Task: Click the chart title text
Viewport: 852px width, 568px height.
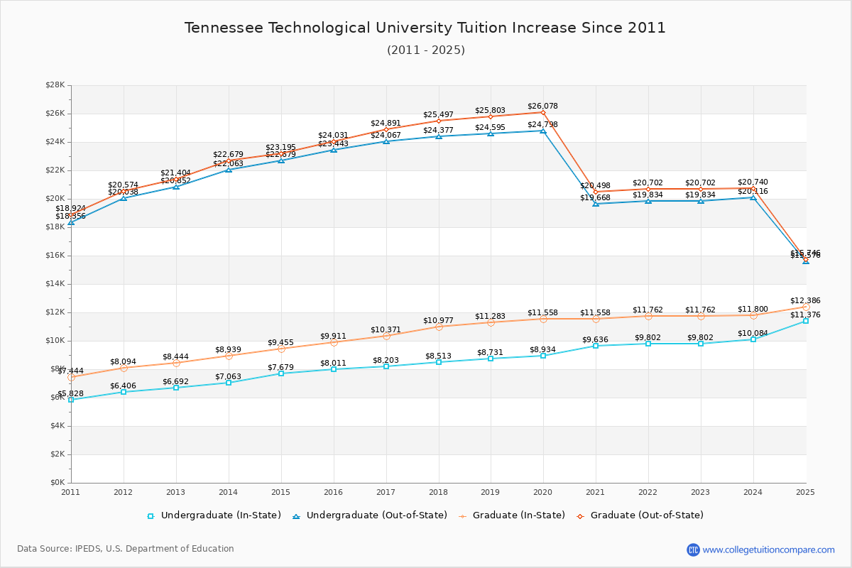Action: (x=425, y=28)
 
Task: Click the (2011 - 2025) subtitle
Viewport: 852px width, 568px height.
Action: (x=425, y=50)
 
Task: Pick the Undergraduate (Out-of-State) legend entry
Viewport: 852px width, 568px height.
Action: (x=369, y=515)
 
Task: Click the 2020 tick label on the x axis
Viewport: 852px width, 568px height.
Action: (x=543, y=491)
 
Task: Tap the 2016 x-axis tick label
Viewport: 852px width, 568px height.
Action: (x=333, y=491)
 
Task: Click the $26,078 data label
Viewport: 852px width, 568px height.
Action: (x=542, y=106)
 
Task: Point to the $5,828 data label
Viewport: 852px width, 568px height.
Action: (x=70, y=393)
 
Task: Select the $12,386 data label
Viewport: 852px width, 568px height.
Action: (x=805, y=301)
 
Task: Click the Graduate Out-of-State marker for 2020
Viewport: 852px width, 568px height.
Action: (x=543, y=112)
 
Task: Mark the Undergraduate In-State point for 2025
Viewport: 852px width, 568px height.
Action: (x=806, y=321)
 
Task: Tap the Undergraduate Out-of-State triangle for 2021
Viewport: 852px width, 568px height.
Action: (x=596, y=203)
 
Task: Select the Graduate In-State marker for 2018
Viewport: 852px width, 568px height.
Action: (x=439, y=327)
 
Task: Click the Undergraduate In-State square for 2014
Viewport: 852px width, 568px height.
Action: (x=229, y=383)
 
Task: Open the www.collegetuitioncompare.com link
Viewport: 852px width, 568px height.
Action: (x=768, y=550)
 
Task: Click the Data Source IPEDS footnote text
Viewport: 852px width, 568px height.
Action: (x=126, y=549)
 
